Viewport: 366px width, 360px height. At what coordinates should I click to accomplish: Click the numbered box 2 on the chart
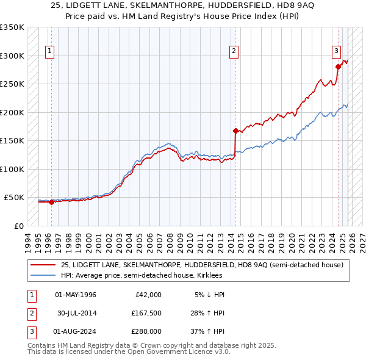pyautogui.click(x=234, y=51)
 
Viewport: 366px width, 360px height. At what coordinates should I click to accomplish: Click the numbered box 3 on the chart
pyautogui.click(x=336, y=51)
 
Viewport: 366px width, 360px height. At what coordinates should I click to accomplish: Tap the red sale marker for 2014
pyautogui.click(x=235, y=131)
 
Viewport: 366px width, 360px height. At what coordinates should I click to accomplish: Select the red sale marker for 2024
pyautogui.click(x=338, y=67)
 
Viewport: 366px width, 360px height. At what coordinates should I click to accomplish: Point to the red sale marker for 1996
pyautogui.click(x=51, y=203)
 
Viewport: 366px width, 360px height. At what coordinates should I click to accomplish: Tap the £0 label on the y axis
pyautogui.click(x=18, y=226)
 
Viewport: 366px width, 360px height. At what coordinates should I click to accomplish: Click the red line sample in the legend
pyautogui.click(x=43, y=265)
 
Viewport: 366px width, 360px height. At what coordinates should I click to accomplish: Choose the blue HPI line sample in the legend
pyautogui.click(x=43, y=275)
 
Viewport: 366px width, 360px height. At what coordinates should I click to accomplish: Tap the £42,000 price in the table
pyautogui.click(x=147, y=295)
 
